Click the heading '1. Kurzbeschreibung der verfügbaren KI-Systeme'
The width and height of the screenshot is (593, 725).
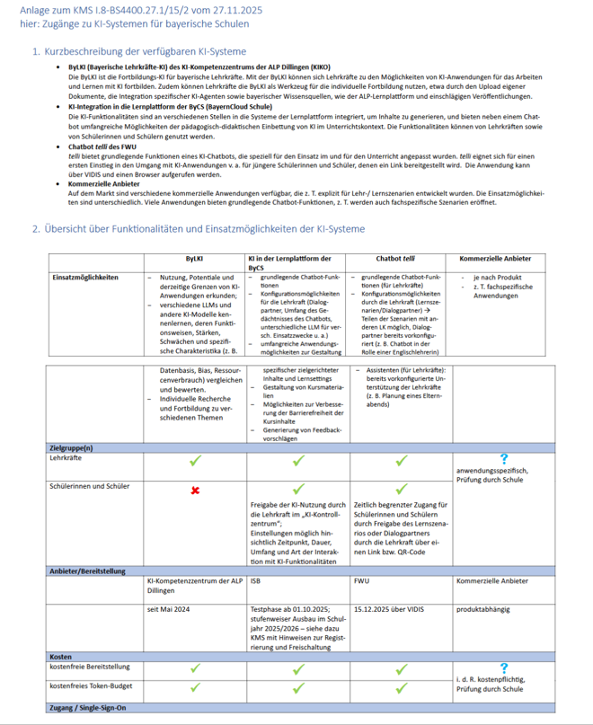138,52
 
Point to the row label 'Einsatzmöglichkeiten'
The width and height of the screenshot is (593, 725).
86,278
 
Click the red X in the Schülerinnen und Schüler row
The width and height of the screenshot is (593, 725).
195,491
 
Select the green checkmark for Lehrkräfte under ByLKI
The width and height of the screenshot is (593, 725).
195,461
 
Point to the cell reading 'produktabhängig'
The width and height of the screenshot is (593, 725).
483,610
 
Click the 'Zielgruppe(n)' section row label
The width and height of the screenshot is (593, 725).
71,446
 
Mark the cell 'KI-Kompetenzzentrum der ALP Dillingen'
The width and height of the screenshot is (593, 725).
193,586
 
